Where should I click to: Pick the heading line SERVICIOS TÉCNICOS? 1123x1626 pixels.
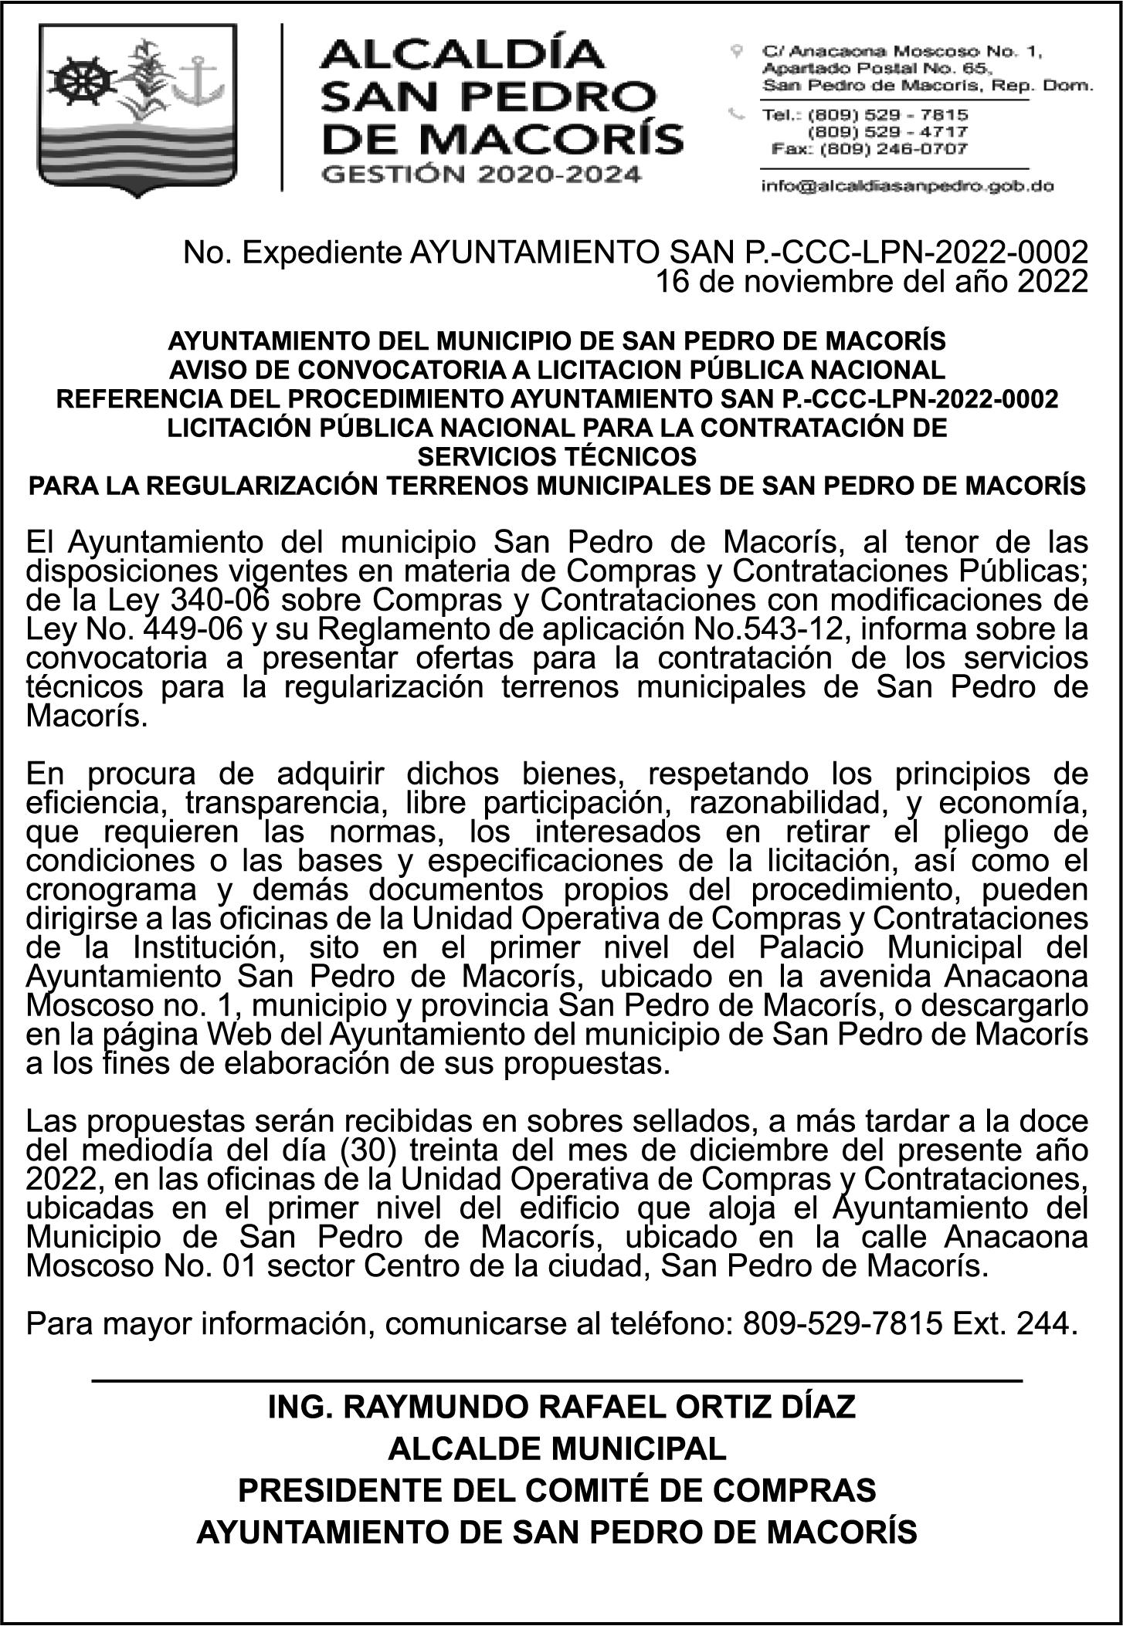[x=556, y=457]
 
